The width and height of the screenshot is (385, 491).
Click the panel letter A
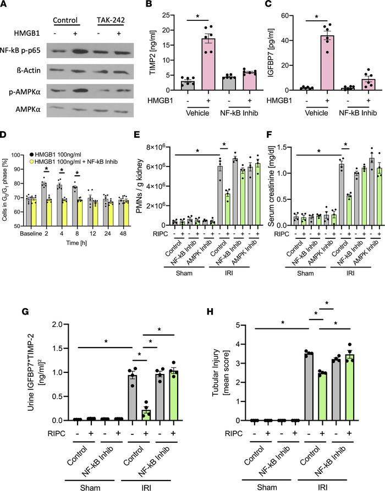tap(5, 5)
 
